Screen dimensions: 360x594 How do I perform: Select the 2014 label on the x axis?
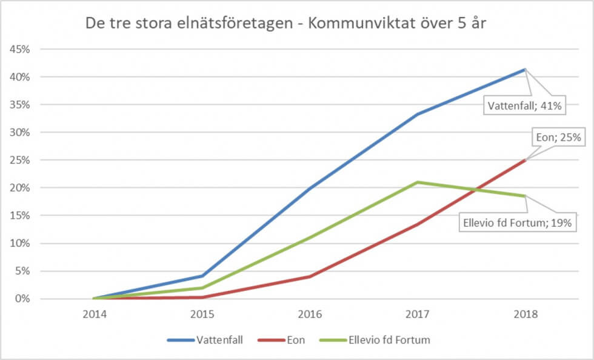[x=93, y=315]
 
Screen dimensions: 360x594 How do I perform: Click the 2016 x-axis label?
[x=310, y=315]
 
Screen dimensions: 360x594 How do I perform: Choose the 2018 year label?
[x=525, y=315]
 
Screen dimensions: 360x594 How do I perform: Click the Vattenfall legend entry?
[x=206, y=340]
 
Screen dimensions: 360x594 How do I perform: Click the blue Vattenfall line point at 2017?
[x=418, y=114]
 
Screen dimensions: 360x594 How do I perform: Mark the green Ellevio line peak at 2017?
[x=418, y=182]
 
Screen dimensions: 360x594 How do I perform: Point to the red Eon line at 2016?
[x=310, y=276]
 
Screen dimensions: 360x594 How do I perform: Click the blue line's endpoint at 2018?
[x=525, y=69]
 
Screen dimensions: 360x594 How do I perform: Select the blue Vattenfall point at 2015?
[x=202, y=276]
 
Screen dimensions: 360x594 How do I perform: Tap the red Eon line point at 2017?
[x=418, y=224]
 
